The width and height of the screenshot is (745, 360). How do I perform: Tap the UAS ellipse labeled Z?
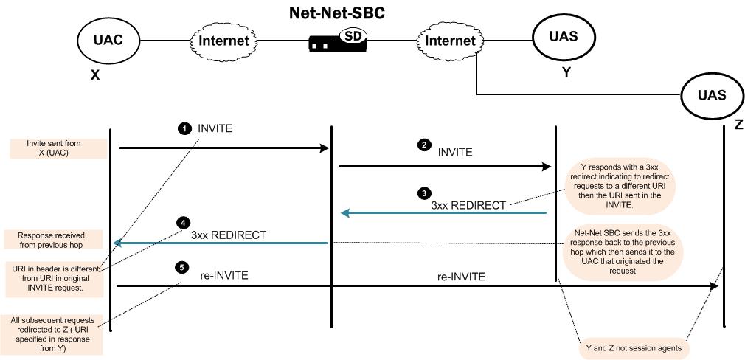click(x=711, y=94)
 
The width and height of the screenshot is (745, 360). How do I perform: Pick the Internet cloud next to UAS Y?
click(x=449, y=41)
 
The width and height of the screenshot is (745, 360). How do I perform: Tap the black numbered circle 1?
click(x=184, y=128)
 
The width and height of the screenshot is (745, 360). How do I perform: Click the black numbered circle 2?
click(x=423, y=145)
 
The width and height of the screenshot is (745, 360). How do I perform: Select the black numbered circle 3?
click(x=423, y=194)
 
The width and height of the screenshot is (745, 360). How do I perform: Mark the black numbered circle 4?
click(x=183, y=221)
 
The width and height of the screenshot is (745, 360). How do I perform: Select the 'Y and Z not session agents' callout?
click(x=632, y=346)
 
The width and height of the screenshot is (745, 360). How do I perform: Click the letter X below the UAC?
click(x=94, y=75)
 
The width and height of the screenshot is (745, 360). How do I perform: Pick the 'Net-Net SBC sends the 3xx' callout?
click(x=620, y=252)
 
